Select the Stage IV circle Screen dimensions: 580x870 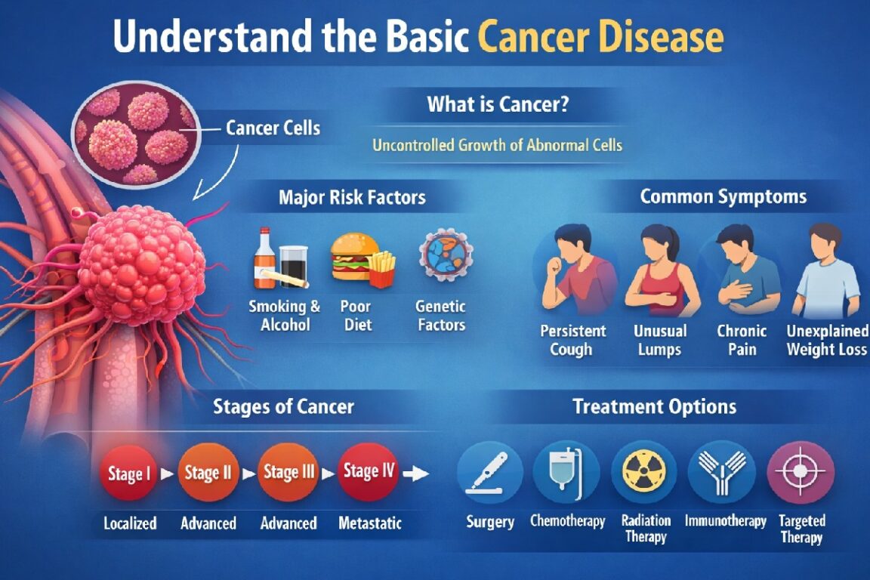(369, 472)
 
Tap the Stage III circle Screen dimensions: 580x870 (289, 473)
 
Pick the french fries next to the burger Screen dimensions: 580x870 (383, 269)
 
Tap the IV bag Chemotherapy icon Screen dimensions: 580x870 (567, 473)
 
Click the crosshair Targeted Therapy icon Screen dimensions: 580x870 (801, 473)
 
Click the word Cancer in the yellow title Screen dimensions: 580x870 (531, 38)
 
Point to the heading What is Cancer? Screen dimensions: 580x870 (498, 104)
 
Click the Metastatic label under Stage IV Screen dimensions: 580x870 (370, 523)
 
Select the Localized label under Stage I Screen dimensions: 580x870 (131, 523)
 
